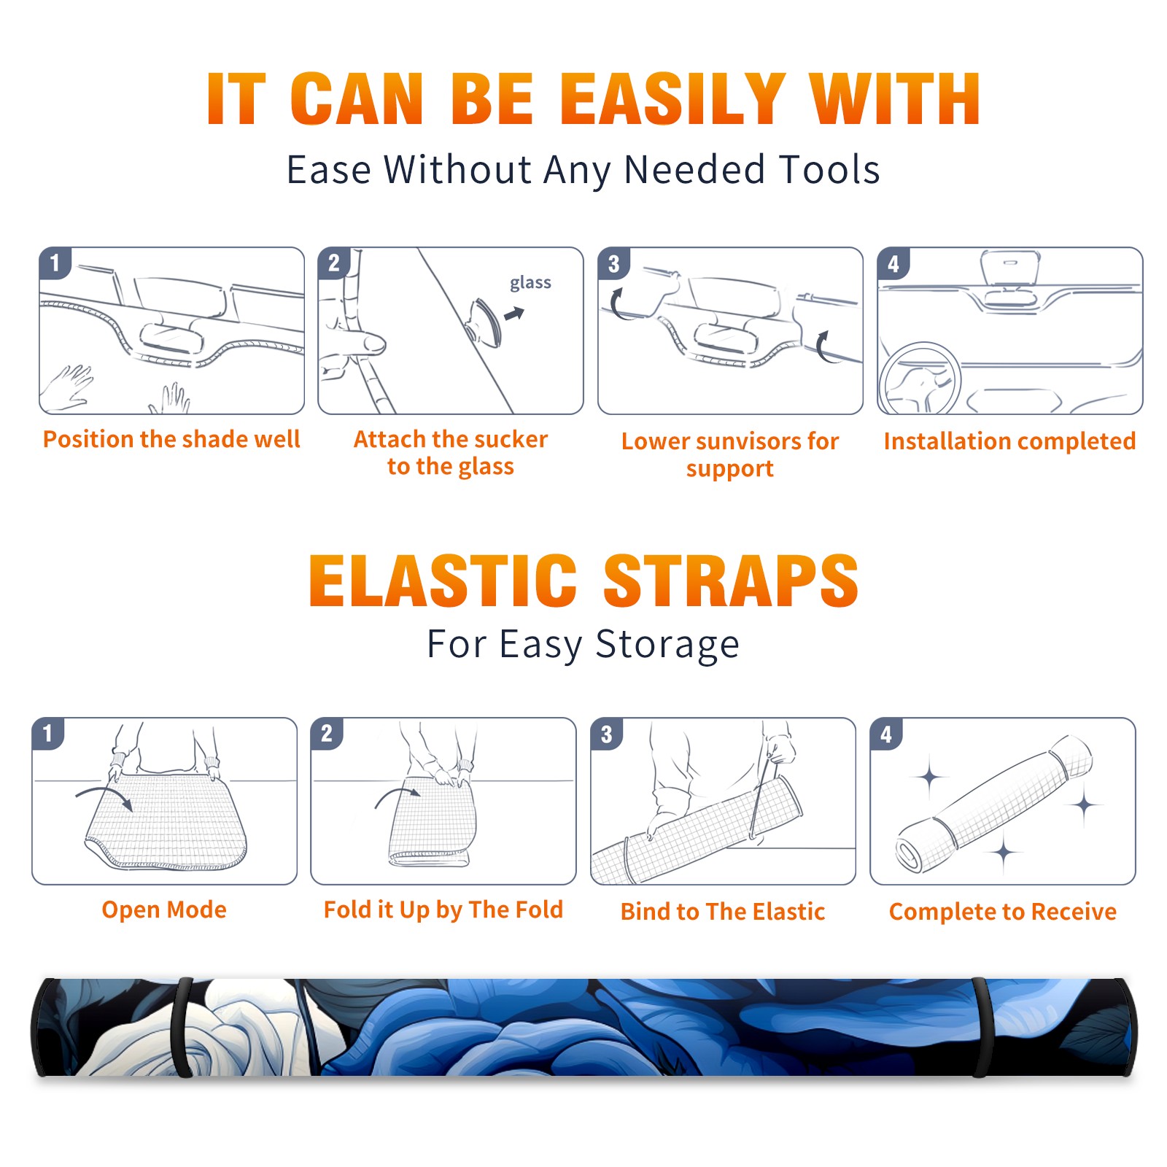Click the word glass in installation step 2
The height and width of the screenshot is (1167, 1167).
pyautogui.click(x=530, y=283)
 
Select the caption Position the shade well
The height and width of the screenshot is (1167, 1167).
pyautogui.click(x=171, y=439)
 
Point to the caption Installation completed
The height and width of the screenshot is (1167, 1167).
pyautogui.click(x=1009, y=441)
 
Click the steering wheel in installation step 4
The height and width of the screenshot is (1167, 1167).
pyautogui.click(x=920, y=379)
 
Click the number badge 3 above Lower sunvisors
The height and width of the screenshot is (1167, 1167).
pyautogui.click(x=613, y=263)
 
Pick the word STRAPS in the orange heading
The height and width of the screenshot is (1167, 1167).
pyautogui.click(x=731, y=581)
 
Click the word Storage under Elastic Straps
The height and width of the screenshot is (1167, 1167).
pyautogui.click(x=667, y=645)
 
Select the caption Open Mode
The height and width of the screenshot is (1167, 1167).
pyautogui.click(x=164, y=910)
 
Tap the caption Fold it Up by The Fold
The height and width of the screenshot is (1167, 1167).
pyautogui.click(x=443, y=910)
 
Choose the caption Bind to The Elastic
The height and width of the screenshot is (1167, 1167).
pyautogui.click(x=723, y=912)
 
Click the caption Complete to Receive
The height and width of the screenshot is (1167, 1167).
pyautogui.click(x=1003, y=912)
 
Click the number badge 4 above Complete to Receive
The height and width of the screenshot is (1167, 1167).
pyautogui.click(x=886, y=734)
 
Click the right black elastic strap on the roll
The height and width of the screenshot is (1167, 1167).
pyautogui.click(x=981, y=1028)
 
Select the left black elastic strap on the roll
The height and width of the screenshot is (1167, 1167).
pyautogui.click(x=183, y=1028)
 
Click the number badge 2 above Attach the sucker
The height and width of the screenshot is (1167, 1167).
pyautogui.click(x=334, y=263)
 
